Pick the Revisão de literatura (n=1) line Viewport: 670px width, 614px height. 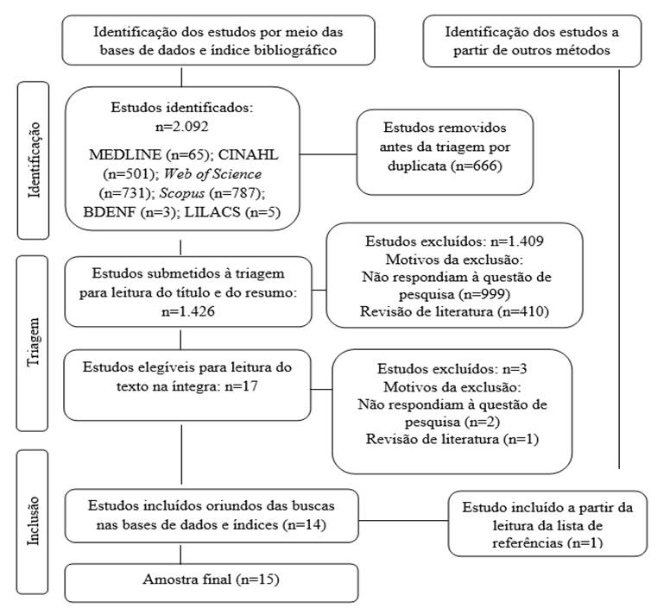[x=453, y=441]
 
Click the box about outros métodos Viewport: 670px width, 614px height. [x=532, y=41]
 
